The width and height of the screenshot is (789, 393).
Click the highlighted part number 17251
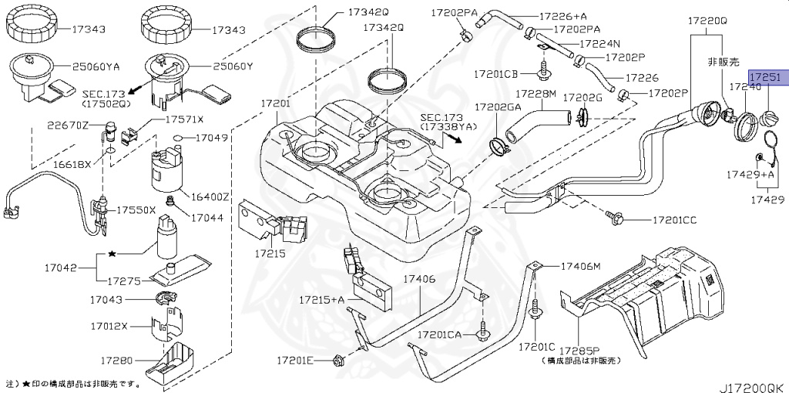click(x=766, y=78)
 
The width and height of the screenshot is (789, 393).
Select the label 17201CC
click(x=674, y=220)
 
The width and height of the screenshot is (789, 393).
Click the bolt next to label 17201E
click(x=338, y=359)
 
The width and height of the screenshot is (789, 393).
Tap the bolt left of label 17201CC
click(x=613, y=218)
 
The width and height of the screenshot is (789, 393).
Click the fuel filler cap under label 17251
click(x=771, y=121)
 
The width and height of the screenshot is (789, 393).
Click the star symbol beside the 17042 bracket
click(x=112, y=254)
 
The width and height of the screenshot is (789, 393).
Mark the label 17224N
click(x=599, y=45)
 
